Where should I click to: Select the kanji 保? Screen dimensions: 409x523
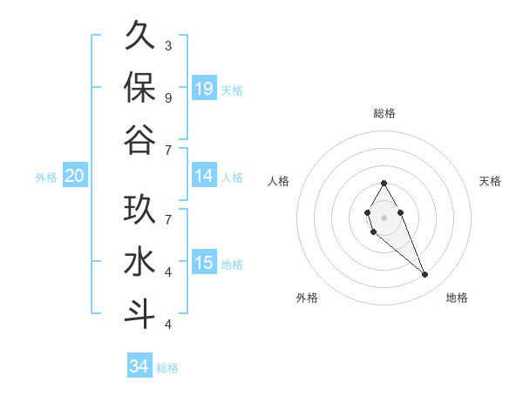139,87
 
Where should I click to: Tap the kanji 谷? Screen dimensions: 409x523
139,139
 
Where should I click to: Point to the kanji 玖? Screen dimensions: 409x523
139,210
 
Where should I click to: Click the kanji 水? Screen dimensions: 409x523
139,262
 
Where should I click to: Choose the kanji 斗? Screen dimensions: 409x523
139,313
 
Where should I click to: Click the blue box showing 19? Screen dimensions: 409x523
204,88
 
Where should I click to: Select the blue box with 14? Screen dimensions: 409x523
204,176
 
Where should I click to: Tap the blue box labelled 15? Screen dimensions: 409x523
204,263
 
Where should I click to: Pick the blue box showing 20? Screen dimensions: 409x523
74,176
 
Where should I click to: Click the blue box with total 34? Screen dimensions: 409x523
139,366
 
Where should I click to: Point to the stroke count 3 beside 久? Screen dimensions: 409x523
168,45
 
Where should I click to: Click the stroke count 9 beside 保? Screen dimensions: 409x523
168,97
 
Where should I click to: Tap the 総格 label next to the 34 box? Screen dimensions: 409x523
167,368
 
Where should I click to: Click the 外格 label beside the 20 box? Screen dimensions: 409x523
46,178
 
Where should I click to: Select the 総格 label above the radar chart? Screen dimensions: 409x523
384,113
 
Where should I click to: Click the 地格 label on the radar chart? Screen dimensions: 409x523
457,298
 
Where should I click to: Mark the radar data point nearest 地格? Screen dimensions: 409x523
425,275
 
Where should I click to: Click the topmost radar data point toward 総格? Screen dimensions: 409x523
384,183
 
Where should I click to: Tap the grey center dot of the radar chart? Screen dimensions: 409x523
384,217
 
